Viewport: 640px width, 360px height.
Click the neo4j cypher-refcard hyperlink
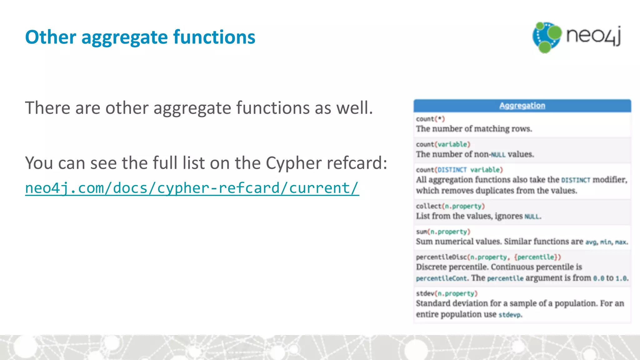point(192,188)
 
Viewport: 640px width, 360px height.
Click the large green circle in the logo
point(555,32)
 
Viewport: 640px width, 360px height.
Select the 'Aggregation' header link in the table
point(522,106)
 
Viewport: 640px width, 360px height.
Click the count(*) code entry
point(430,119)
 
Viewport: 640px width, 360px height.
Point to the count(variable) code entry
point(443,144)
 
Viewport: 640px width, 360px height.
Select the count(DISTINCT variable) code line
point(459,170)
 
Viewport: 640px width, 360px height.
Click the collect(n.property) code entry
point(450,206)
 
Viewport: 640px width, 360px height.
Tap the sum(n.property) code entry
point(443,232)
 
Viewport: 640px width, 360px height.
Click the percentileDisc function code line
point(488,257)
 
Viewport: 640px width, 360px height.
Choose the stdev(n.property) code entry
point(447,293)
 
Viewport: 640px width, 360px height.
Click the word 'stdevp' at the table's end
point(509,315)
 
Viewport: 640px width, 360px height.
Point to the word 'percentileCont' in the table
point(441,278)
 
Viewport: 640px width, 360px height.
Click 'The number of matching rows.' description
point(474,129)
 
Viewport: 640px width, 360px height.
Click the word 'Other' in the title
point(50,37)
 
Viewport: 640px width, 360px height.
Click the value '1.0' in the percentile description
point(621,278)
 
